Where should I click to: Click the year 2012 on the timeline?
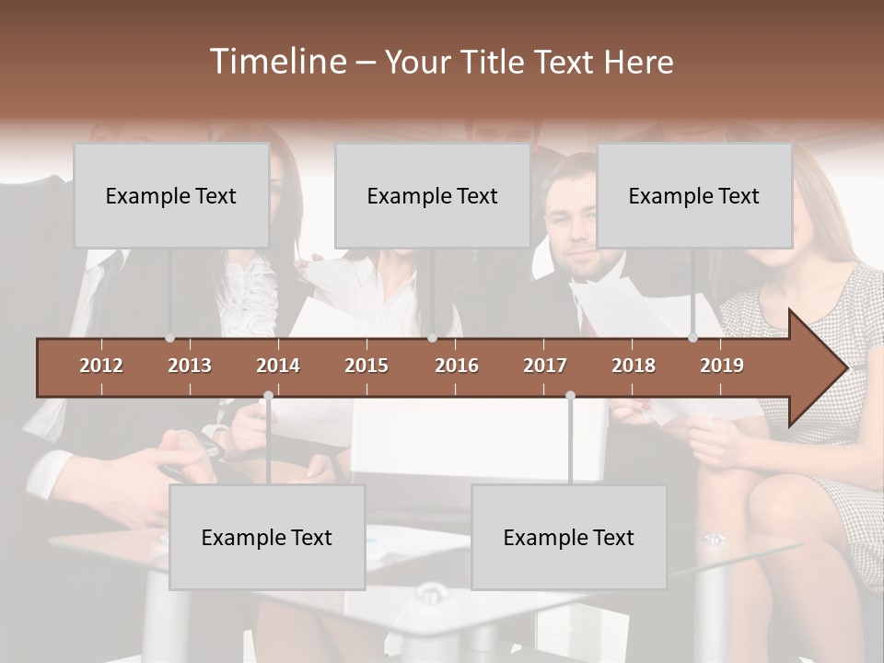[x=101, y=366]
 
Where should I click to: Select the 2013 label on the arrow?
[x=190, y=366]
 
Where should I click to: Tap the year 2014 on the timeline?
[x=278, y=366]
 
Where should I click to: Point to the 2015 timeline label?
[x=366, y=366]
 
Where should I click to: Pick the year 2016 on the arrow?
[x=457, y=366]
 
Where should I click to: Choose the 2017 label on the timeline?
[x=545, y=366]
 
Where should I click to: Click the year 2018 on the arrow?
[x=634, y=366]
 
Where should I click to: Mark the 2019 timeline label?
[x=722, y=366]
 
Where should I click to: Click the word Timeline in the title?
[x=277, y=62]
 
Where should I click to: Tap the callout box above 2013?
[x=171, y=195]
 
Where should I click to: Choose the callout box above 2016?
[x=433, y=195]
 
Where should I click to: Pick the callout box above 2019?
[x=694, y=195]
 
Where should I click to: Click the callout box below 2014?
[x=267, y=537]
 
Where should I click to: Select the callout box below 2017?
[x=569, y=537]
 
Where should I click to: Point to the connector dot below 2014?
[x=268, y=396]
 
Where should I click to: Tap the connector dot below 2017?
[x=570, y=396]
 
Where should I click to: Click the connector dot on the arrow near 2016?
[x=433, y=338]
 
